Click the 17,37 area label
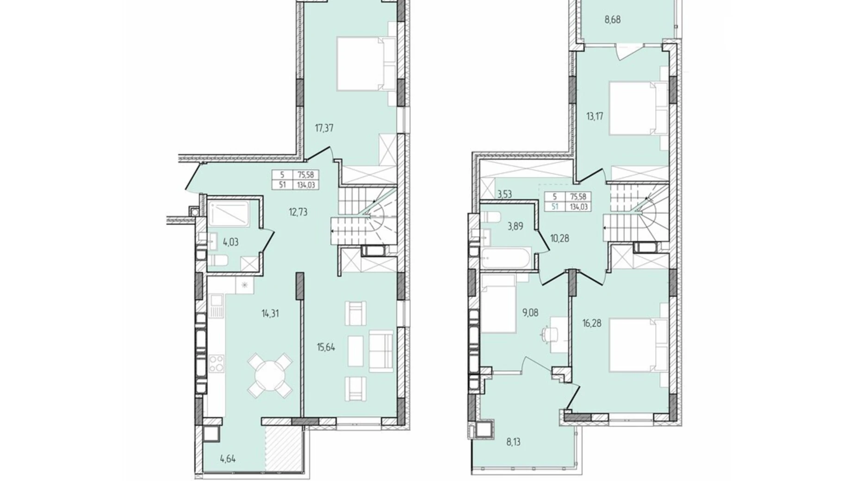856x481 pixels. [324, 128]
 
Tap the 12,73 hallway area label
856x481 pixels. [298, 212]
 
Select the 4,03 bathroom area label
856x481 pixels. [230, 242]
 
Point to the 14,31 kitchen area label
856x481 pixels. [270, 313]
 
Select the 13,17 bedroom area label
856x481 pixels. [595, 116]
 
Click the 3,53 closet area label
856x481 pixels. [504, 194]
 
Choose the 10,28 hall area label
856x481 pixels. [559, 239]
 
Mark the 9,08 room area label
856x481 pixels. [530, 313]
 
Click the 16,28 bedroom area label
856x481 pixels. [591, 323]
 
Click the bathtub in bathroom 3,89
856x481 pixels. [505, 258]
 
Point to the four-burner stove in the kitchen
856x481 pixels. [216, 363]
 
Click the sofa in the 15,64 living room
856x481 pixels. [381, 351]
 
